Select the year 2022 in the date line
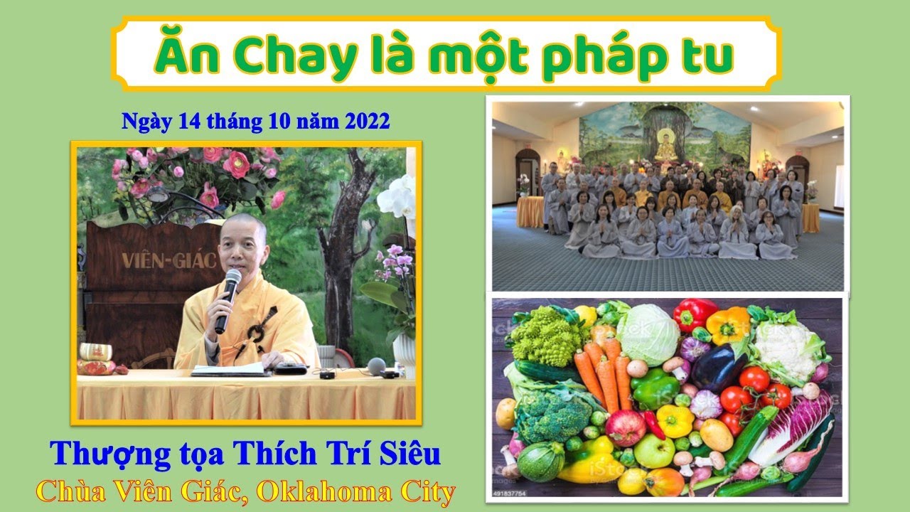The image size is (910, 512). (367, 121)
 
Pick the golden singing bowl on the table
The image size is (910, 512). (96, 351)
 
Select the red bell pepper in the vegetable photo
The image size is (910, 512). (695, 314)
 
